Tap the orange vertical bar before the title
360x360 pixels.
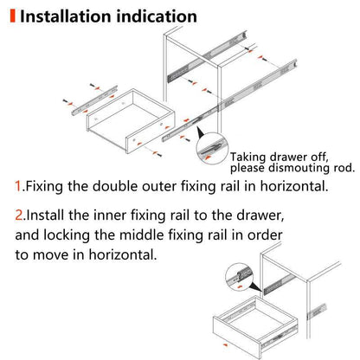[11, 16]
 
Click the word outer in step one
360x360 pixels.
[176, 185]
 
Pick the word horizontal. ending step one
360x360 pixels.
[299, 185]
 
